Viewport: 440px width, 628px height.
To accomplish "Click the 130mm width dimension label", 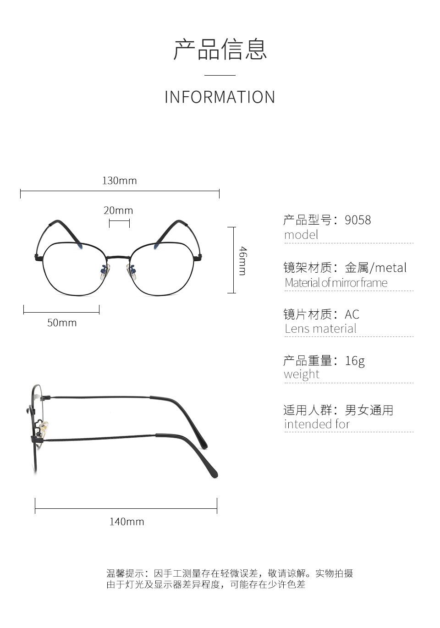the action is click(119, 181).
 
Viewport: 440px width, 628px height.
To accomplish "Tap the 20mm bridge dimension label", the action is click(118, 210).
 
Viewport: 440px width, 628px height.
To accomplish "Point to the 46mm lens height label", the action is click(243, 260).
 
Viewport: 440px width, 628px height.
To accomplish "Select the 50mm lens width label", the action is click(62, 323).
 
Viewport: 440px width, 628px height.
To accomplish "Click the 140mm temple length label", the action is click(126, 522).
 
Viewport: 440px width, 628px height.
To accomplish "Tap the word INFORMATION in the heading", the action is click(220, 97).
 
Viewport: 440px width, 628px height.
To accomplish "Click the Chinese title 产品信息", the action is click(220, 50).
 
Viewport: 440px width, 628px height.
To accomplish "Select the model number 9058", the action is click(357, 220).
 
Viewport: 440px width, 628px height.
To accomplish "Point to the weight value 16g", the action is click(355, 361).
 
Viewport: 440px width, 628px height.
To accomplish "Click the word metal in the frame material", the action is click(391, 268).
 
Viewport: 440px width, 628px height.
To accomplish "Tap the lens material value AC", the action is click(352, 314).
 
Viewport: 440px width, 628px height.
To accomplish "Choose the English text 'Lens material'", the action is click(320, 329).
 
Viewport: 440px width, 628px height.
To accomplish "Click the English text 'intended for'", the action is click(317, 424).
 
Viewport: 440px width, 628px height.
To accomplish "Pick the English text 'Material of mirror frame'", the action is click(336, 283).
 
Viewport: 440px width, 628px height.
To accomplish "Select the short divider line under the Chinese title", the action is click(220, 75).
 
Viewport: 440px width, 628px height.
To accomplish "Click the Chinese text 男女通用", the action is click(369, 410).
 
